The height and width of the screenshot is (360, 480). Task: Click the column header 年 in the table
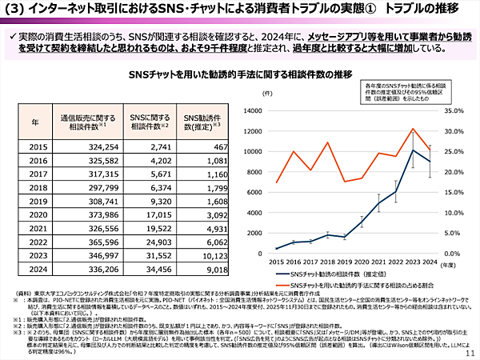(35, 122)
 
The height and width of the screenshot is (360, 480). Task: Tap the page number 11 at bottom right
(469, 353)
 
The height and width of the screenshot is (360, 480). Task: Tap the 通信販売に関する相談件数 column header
(84, 122)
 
